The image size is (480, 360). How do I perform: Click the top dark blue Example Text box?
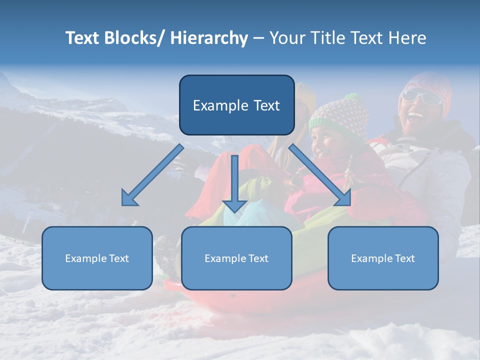tap(236, 105)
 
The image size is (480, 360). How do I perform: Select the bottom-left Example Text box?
tap(97, 258)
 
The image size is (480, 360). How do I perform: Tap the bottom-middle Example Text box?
tap(236, 258)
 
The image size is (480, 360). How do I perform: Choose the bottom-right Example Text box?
tap(383, 258)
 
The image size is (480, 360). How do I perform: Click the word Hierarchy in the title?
tap(209, 38)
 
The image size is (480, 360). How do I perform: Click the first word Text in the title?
tap(82, 38)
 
